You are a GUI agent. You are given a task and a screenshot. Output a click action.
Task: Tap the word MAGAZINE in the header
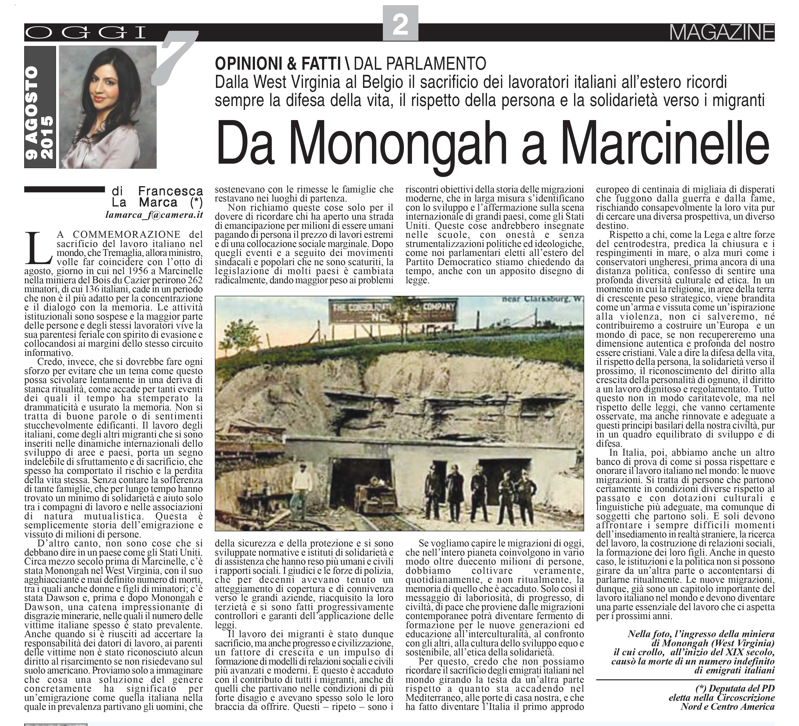[x=721, y=32]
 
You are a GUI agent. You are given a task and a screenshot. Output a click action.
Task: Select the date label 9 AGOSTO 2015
[x=40, y=107]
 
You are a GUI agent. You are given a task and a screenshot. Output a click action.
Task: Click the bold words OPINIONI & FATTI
[x=278, y=63]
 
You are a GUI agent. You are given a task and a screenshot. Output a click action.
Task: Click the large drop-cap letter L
[x=38, y=248]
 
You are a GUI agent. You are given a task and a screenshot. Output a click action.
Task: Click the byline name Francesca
[x=170, y=191]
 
